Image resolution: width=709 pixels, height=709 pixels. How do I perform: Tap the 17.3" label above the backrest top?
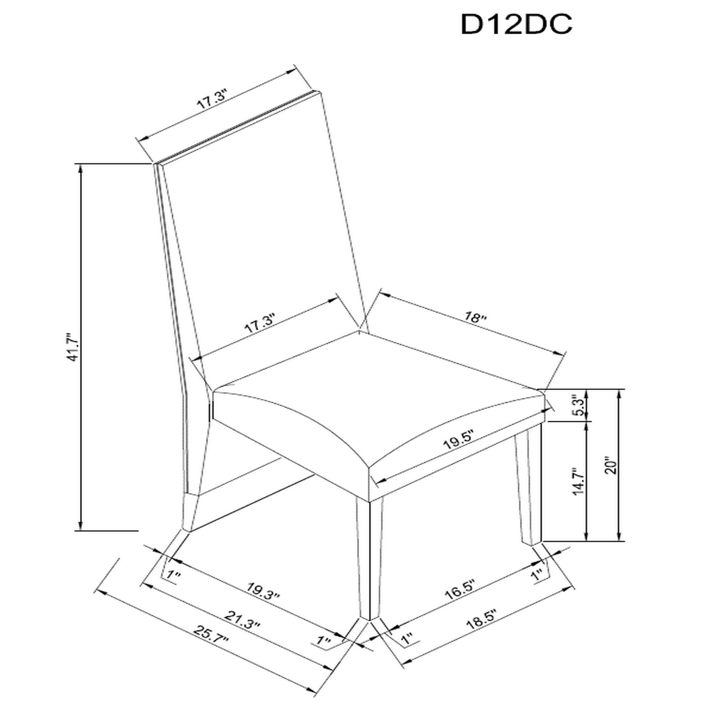(x=213, y=99)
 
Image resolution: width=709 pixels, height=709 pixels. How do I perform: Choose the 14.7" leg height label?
(x=579, y=481)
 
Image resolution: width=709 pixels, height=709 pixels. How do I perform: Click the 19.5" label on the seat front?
(x=458, y=439)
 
